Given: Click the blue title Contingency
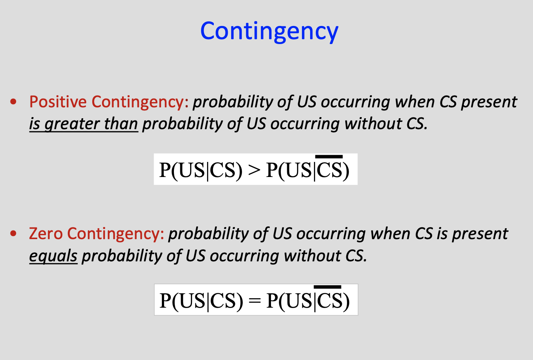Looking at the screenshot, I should pyautogui.click(x=269, y=32).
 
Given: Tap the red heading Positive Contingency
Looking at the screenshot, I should pyautogui.click(x=109, y=102).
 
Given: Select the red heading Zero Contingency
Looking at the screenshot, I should pyautogui.click(x=96, y=234).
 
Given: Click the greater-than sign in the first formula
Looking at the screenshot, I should pyautogui.click(x=254, y=170).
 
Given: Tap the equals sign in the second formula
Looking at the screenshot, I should pyautogui.click(x=254, y=301).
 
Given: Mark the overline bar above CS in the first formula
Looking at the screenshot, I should pyautogui.click(x=329, y=156).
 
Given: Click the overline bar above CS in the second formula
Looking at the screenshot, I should pyautogui.click(x=327, y=287).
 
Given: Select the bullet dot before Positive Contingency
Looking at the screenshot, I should pyautogui.click(x=14, y=102).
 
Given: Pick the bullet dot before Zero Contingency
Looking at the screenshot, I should pyautogui.click(x=14, y=234).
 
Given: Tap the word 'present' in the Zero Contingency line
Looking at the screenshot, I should pyautogui.click(x=480, y=234).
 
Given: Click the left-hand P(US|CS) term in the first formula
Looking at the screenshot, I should pyautogui.click(x=201, y=170).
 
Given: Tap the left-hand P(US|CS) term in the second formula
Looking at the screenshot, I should pyautogui.click(x=201, y=301).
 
